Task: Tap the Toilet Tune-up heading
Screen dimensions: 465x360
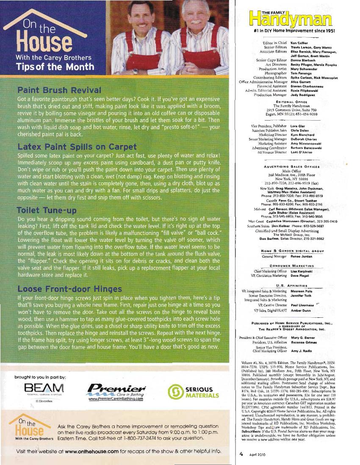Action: (x=46, y=210)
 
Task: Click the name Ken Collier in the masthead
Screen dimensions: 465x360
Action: (x=299, y=43)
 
